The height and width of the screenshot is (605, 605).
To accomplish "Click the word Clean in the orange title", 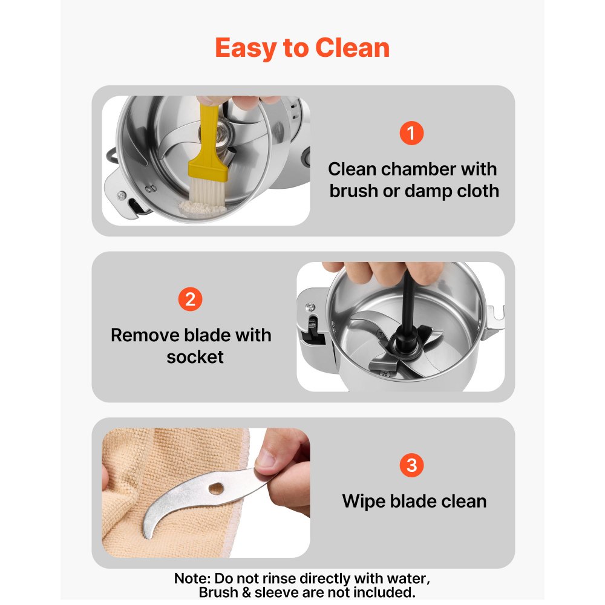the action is (x=352, y=48).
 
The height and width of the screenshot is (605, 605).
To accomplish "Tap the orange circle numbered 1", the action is (x=411, y=133).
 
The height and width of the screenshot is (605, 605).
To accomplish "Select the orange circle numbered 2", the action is (x=190, y=299).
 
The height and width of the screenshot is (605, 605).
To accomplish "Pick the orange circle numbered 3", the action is (x=411, y=465).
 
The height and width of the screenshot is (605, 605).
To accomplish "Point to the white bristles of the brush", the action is (x=207, y=191).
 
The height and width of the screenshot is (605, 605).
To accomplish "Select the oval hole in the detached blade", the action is (x=216, y=489).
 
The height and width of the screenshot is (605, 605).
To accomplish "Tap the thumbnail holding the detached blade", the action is (x=266, y=459).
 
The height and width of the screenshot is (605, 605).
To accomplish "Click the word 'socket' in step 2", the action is (x=195, y=357).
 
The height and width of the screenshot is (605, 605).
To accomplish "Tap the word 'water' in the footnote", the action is (x=407, y=579).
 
